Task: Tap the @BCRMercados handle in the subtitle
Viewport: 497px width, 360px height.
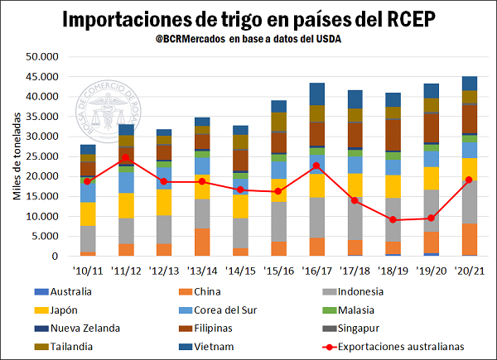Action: pos(195,39)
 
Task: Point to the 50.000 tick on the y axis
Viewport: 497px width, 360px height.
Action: pos(41,57)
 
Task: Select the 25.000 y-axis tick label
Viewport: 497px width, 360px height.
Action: pos(41,156)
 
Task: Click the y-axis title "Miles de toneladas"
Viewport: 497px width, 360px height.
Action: pos(16,157)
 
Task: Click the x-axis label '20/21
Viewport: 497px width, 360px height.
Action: pos(469,270)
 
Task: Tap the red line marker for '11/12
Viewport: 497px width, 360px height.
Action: pos(126,157)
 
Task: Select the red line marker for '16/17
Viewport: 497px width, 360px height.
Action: pos(316,166)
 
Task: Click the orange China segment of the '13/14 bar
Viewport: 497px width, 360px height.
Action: pos(202,242)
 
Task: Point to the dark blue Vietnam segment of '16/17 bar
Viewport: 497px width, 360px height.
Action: pos(316,94)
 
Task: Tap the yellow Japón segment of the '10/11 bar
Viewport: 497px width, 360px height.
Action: pos(88,214)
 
